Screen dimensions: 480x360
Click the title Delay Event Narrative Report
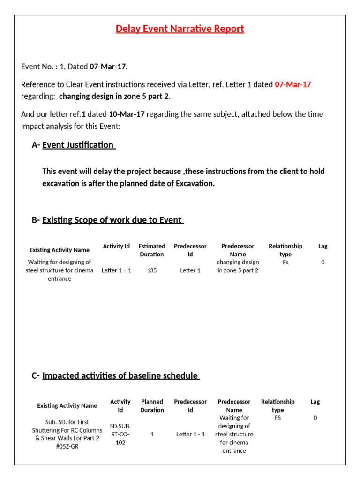click(x=180, y=29)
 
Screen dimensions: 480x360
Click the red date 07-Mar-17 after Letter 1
click(x=292, y=85)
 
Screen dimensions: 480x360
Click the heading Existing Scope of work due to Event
click(x=112, y=220)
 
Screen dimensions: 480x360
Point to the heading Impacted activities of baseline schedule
click(x=120, y=375)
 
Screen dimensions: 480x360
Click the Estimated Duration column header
click(x=151, y=250)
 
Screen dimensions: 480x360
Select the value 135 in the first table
click(x=151, y=270)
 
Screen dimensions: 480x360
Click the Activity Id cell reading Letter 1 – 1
click(x=116, y=270)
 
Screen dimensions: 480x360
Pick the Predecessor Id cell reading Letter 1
click(x=190, y=270)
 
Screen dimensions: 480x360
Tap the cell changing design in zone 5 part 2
click(x=238, y=266)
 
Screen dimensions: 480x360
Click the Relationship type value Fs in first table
click(x=285, y=262)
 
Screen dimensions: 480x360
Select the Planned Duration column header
click(x=152, y=406)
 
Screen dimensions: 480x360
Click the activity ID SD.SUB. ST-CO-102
click(x=120, y=435)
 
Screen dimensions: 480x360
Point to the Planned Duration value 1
click(x=152, y=435)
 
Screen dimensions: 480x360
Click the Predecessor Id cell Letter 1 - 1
click(x=190, y=435)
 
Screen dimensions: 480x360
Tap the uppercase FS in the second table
click(x=277, y=418)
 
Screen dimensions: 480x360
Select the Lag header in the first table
click(x=322, y=246)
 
